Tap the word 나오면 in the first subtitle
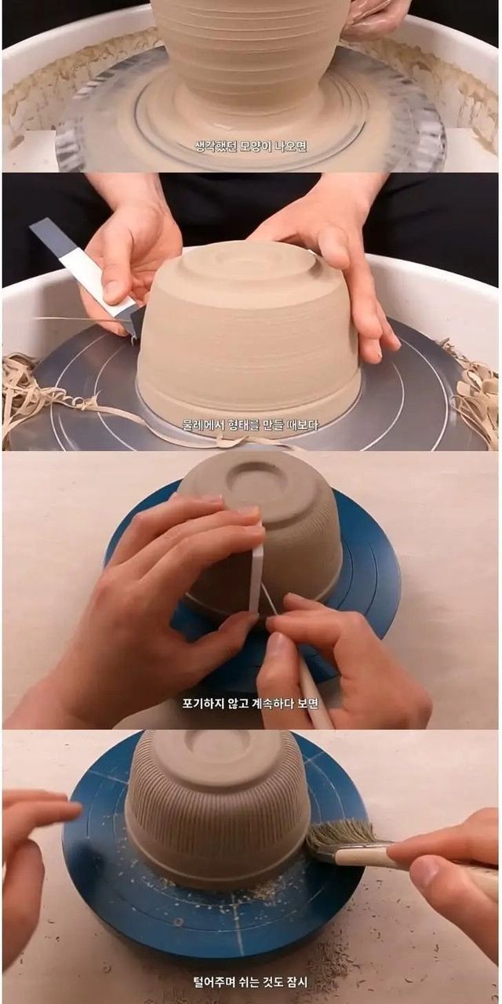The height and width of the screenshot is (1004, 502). (x=293, y=146)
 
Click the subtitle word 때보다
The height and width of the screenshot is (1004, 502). (x=304, y=424)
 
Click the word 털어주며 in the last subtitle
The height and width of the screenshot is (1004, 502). (x=212, y=982)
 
